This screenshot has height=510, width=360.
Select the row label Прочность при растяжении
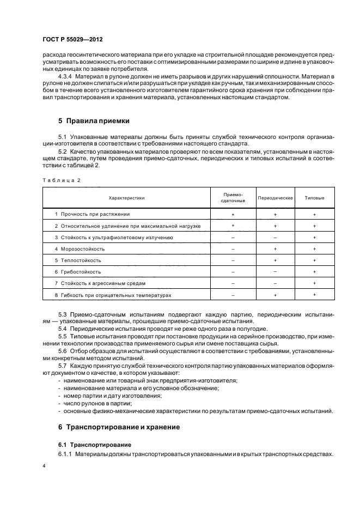(x=95, y=214)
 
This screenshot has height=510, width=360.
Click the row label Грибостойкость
(x=81, y=271)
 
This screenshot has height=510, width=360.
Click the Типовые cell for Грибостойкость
(x=314, y=271)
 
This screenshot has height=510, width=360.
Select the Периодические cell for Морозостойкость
(x=275, y=248)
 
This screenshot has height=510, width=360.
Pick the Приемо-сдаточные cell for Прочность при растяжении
(x=233, y=215)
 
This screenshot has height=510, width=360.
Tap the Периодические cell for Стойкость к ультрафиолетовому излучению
(x=275, y=238)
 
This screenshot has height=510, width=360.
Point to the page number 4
(x=44, y=467)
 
